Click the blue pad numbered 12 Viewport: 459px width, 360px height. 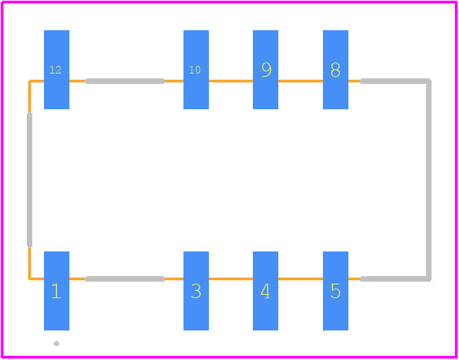[x=56, y=69]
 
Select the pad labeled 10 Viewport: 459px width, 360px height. [x=196, y=69]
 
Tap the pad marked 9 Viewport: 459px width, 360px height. [x=265, y=69]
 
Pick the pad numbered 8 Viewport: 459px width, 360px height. [x=335, y=69]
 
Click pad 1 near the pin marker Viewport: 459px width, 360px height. [x=56, y=291]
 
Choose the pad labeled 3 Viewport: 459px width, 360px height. [x=196, y=291]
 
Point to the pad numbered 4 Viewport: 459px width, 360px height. [x=265, y=291]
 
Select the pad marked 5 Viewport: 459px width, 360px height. [x=335, y=291]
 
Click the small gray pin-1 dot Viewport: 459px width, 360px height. [x=56, y=344]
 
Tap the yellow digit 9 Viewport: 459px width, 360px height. [x=267, y=69]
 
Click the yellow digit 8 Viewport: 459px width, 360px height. [x=335, y=69]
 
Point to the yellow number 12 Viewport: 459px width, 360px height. [x=56, y=69]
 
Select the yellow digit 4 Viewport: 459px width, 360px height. [x=265, y=291]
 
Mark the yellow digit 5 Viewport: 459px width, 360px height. [x=335, y=291]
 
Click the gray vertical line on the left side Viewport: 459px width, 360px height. [x=30, y=180]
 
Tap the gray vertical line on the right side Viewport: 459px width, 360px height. [x=429, y=180]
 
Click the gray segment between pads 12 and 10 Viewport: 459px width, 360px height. [x=125, y=81]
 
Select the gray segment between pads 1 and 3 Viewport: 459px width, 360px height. [x=125, y=279]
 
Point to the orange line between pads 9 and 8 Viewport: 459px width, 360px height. [x=300, y=81]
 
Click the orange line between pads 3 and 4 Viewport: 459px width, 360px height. [x=231, y=279]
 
